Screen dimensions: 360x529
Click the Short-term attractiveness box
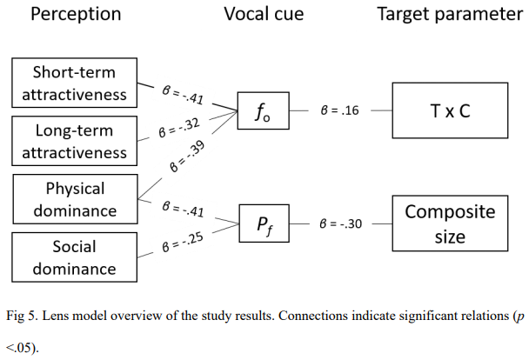(75, 83)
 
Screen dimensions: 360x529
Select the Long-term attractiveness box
(75, 141)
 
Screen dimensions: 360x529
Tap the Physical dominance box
(75, 199)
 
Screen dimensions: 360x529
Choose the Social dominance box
(75, 257)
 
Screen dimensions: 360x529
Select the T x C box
(450, 111)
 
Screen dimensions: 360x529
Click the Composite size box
(450, 224)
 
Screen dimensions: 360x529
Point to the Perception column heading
(76, 15)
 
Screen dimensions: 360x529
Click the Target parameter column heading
(450, 15)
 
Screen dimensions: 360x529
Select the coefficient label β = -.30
(342, 225)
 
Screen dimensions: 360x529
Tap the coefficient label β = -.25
(182, 244)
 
